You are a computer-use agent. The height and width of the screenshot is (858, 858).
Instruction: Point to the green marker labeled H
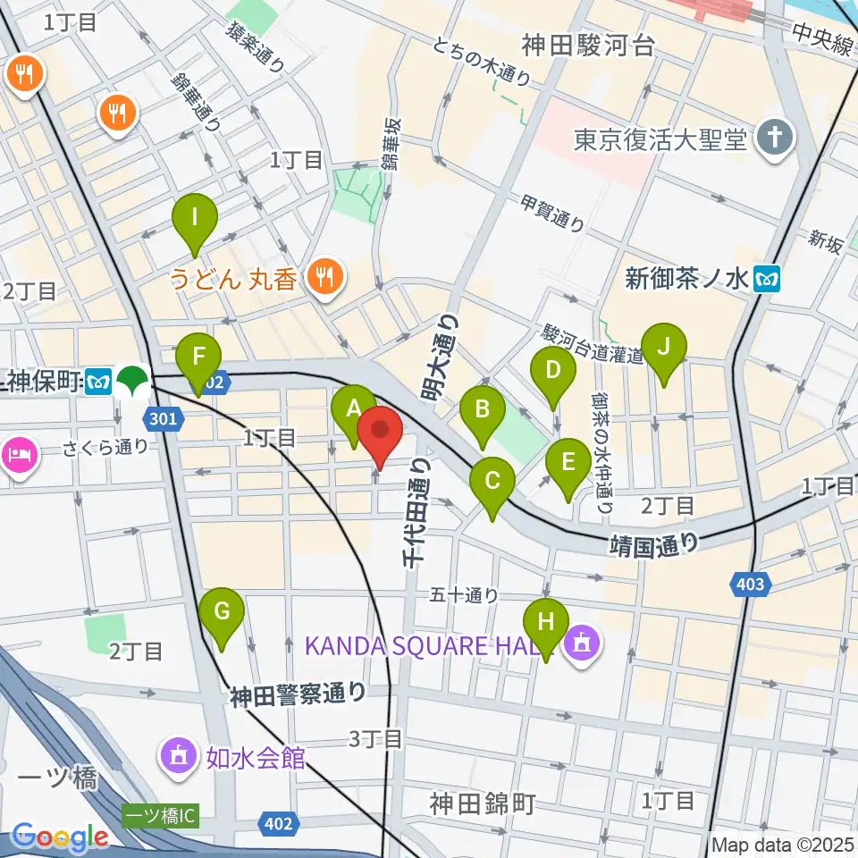point(546,622)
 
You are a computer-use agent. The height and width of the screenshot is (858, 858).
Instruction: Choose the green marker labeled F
point(198,357)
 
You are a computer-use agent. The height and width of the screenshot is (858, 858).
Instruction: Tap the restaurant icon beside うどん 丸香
point(323,279)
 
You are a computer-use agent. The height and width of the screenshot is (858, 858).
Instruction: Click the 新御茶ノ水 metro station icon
point(767,279)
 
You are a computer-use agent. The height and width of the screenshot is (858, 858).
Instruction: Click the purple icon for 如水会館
point(178,757)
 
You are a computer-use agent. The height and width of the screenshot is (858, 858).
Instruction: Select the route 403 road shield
point(751,584)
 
